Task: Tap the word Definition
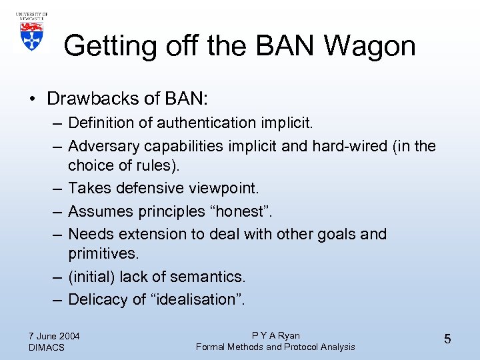[x=99, y=123]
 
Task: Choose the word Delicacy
[x=98, y=299]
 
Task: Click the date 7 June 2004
[x=54, y=336]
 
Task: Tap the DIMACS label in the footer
[x=47, y=347]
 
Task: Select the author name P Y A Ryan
[x=275, y=335]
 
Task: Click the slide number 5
[x=447, y=339]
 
